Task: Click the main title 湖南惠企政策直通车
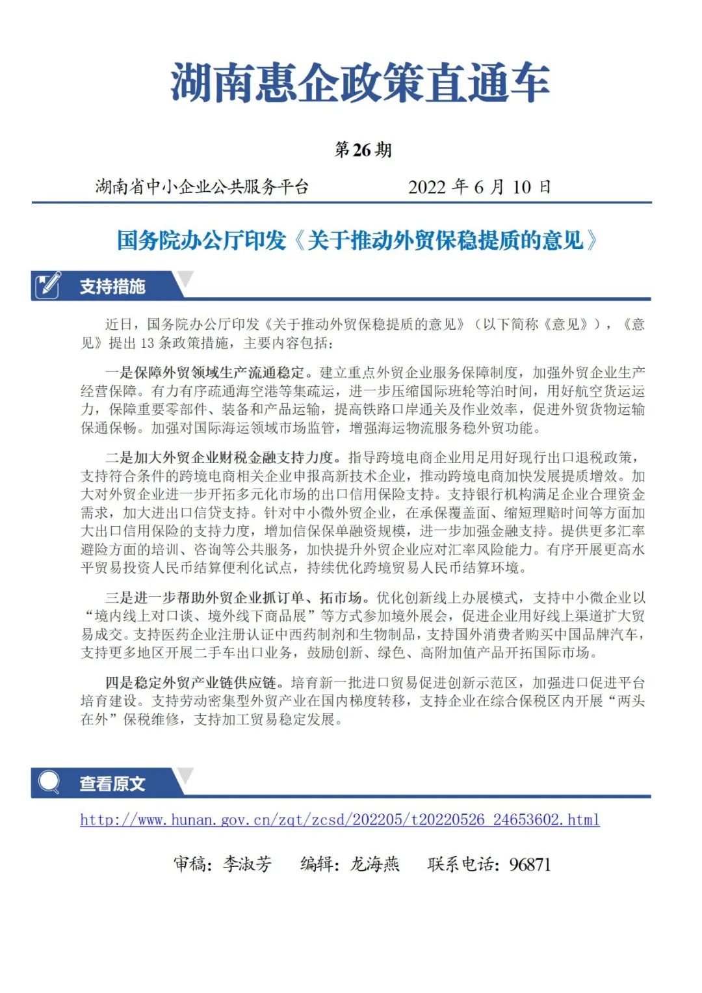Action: coord(359,83)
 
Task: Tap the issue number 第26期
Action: coord(363,150)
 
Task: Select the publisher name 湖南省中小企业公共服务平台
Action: coord(201,187)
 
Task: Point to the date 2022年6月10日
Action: coord(479,187)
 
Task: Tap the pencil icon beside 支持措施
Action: coord(49,286)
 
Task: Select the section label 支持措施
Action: coord(112,287)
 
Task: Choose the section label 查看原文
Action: coord(112,784)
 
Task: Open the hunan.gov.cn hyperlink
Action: coord(339,819)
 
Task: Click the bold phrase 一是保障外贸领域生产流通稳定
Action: coord(205,373)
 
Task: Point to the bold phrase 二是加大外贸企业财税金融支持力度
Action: coord(219,458)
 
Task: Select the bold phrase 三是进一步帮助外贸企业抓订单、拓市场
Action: coord(234,598)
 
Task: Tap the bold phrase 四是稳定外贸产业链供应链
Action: coord(190,683)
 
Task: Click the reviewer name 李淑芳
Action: coord(248,864)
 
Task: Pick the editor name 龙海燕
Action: coord(375,864)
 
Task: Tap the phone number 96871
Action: coord(530,865)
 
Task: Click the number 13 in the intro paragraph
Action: coord(147,343)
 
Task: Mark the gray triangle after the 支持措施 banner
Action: coord(186,279)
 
